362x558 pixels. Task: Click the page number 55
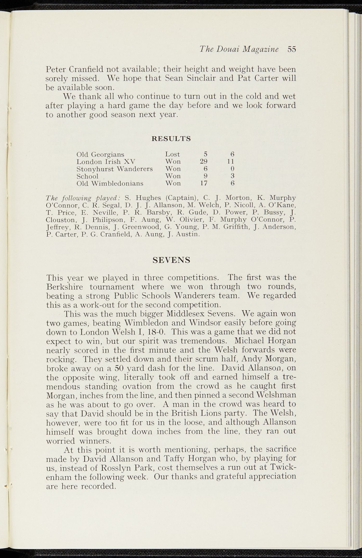[292, 49]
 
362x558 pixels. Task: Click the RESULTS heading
[171, 139]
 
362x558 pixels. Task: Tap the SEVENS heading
[171, 260]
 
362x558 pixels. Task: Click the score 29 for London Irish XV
[204, 161]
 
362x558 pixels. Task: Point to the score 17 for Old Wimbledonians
[204, 183]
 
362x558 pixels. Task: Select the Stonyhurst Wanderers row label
[115, 169]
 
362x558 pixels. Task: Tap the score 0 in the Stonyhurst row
[232, 169]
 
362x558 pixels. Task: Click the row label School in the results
[87, 176]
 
